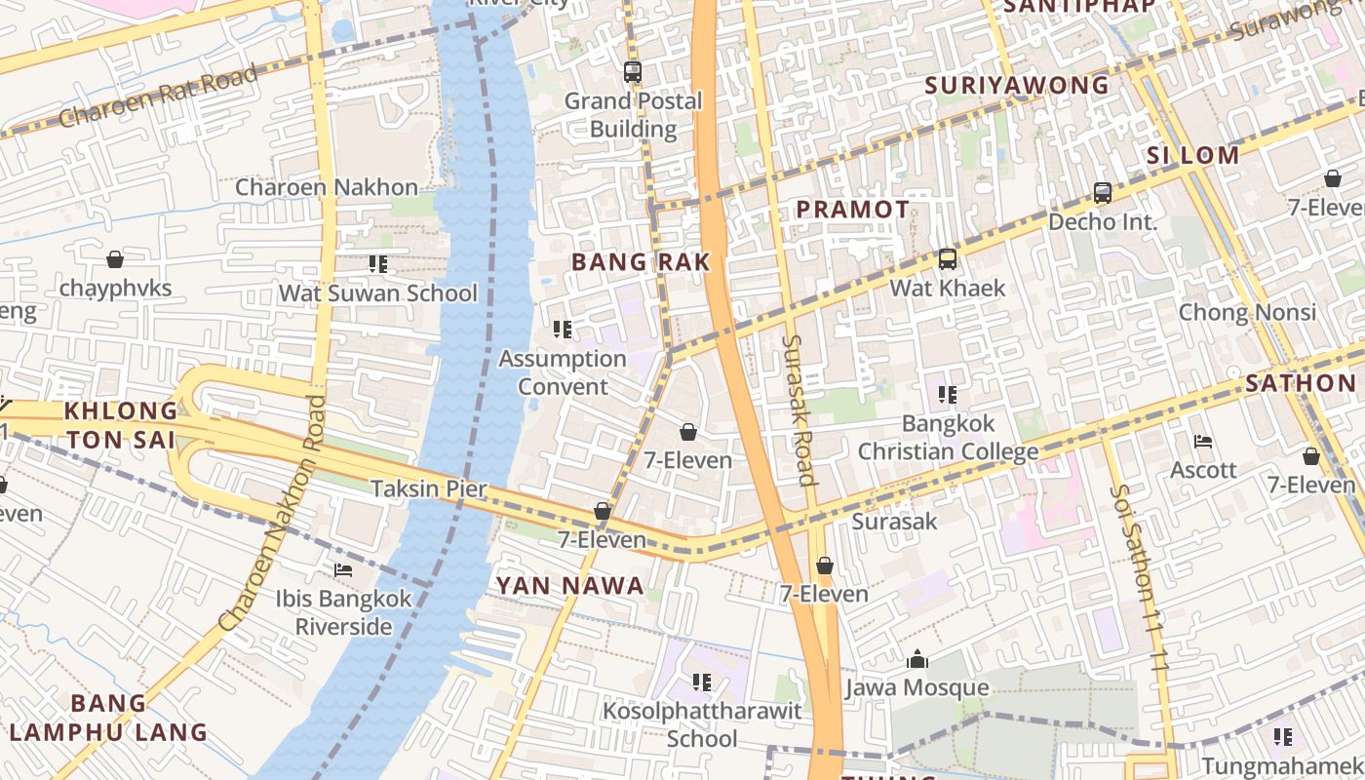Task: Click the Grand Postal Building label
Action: tap(633, 114)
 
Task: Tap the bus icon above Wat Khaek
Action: tap(947, 259)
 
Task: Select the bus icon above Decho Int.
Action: tap(1102, 193)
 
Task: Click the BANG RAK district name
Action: tap(641, 261)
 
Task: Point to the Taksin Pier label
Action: tap(428, 488)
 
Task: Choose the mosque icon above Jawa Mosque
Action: tap(916, 660)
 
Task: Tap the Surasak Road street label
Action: tap(799, 409)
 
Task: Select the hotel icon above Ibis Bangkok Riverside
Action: tap(343, 569)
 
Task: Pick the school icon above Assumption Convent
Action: tap(562, 330)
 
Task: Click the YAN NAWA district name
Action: tap(570, 585)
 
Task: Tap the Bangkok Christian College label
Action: tap(948, 438)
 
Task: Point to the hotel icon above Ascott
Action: tap(1203, 442)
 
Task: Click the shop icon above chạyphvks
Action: tap(115, 259)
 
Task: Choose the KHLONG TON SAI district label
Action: tap(122, 425)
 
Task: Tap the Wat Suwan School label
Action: tap(378, 292)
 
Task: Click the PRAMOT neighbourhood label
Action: tap(852, 209)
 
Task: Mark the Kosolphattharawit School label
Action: tap(702, 724)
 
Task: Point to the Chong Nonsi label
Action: tap(1247, 312)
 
